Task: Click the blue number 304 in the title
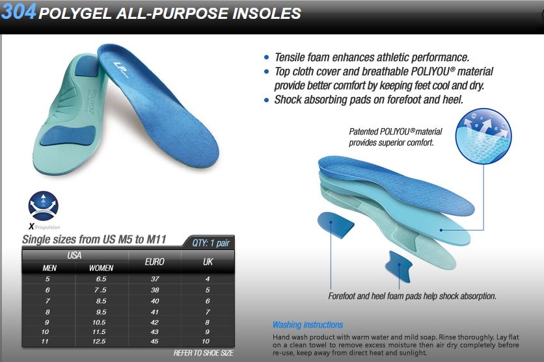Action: (x=18, y=11)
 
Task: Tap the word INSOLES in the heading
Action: (x=266, y=13)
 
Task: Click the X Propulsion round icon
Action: (x=44, y=206)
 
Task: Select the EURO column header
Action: (x=155, y=262)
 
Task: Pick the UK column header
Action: (x=208, y=262)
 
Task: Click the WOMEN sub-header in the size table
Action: (x=102, y=268)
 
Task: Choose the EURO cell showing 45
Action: (x=155, y=342)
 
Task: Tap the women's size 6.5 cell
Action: (x=102, y=279)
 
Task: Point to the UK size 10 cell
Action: (x=206, y=342)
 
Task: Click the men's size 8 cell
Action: (x=48, y=312)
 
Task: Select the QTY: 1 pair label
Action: (x=211, y=243)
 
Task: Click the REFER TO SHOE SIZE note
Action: (x=204, y=353)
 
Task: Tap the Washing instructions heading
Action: (x=308, y=325)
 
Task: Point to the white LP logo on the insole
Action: (x=120, y=69)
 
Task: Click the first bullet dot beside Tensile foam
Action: (x=266, y=57)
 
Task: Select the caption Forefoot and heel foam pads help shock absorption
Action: (x=412, y=296)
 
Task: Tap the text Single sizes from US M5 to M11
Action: (x=94, y=239)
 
